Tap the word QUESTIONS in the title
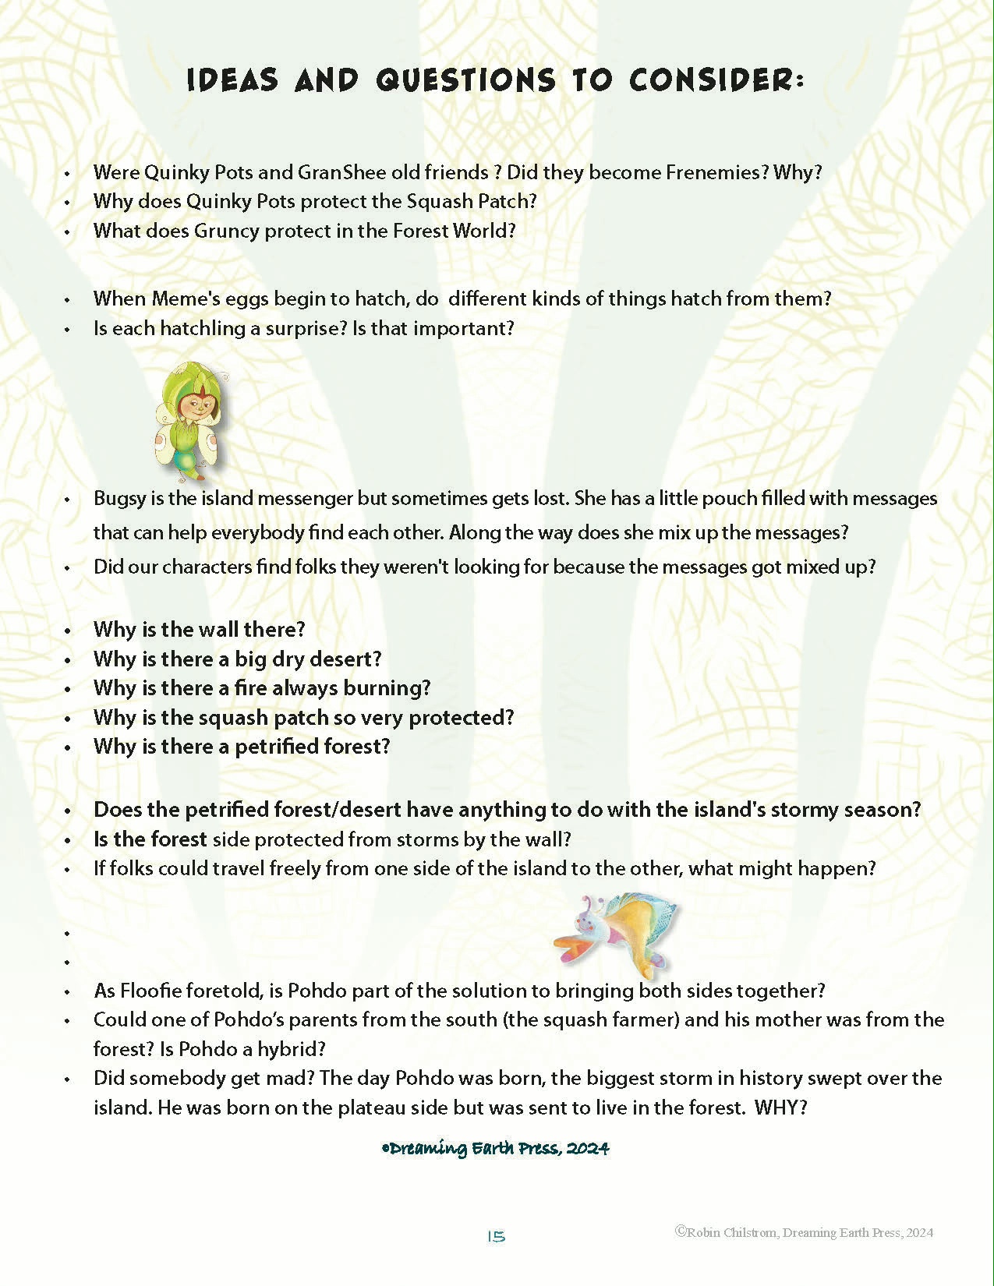coord(465,80)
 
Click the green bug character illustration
coord(192,421)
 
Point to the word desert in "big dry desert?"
coord(345,659)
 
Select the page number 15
coord(496,1237)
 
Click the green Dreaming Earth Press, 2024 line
coord(496,1148)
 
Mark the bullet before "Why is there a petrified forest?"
coord(68,747)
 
